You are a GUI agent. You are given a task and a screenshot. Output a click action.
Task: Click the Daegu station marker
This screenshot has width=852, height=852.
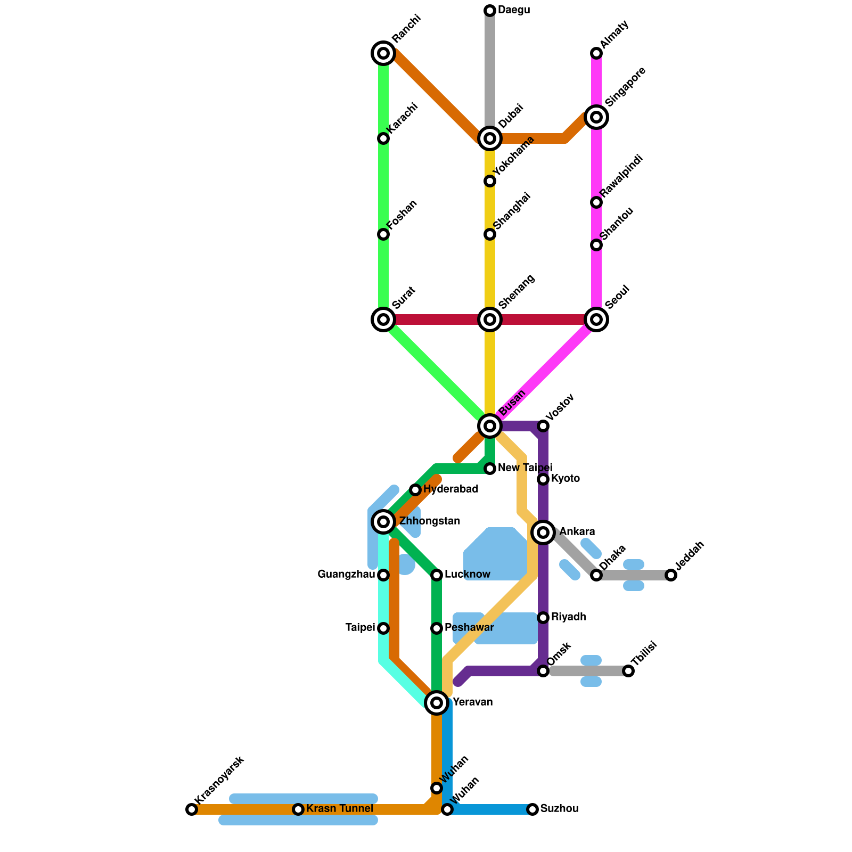(x=490, y=11)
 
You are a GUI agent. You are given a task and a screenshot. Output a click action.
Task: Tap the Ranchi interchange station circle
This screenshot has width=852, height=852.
(x=383, y=53)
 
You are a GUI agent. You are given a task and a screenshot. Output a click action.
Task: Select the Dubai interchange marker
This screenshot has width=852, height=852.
(x=490, y=138)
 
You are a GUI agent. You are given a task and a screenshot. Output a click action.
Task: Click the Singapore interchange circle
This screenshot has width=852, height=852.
(x=596, y=117)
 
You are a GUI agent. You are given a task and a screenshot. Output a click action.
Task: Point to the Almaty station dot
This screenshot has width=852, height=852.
(x=596, y=53)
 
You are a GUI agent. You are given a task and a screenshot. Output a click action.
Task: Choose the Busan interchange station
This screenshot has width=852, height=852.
(x=490, y=425)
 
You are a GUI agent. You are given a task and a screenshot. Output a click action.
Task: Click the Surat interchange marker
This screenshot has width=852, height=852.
(x=383, y=319)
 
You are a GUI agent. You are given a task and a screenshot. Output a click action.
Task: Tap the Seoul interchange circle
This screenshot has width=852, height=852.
(x=596, y=319)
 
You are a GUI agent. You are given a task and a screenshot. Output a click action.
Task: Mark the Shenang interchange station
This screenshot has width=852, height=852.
(x=490, y=319)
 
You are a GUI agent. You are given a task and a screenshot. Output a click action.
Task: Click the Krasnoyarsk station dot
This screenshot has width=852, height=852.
(x=192, y=809)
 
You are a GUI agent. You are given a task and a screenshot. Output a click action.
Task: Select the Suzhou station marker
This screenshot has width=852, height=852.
(x=532, y=809)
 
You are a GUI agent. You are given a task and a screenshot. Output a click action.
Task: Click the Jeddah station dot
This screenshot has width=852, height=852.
(x=671, y=575)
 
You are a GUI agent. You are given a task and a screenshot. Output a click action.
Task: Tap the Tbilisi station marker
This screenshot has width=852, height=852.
(x=628, y=671)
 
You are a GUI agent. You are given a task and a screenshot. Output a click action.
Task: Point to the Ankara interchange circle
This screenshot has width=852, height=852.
(x=543, y=532)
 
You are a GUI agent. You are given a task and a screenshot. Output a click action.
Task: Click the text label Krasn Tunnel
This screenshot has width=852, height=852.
(x=340, y=809)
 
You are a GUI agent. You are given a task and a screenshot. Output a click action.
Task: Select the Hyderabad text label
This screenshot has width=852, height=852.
(x=450, y=489)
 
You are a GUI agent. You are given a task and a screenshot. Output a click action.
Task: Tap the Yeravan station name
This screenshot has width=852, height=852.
(x=472, y=702)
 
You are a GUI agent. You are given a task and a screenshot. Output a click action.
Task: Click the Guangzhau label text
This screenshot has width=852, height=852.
(x=346, y=575)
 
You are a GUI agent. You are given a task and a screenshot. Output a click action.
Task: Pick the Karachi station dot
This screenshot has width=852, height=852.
(x=383, y=138)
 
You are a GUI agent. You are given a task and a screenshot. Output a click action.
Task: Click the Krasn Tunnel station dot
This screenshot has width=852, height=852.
(x=298, y=809)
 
